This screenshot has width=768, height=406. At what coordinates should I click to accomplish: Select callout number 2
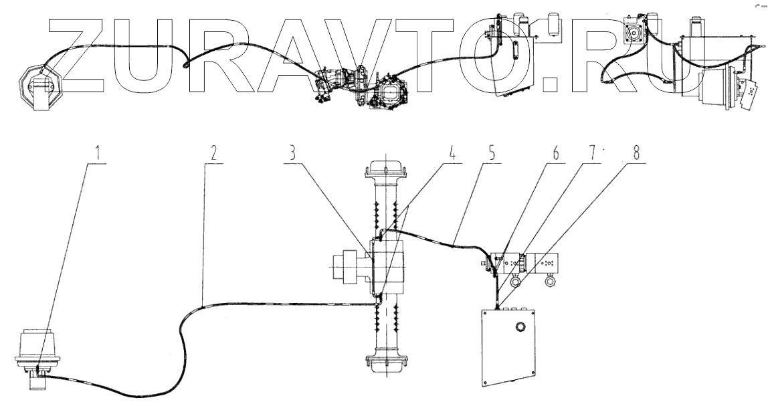pyautogui.click(x=213, y=153)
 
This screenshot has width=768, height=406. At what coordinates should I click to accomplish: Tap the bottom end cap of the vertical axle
pyautogui.click(x=387, y=362)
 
